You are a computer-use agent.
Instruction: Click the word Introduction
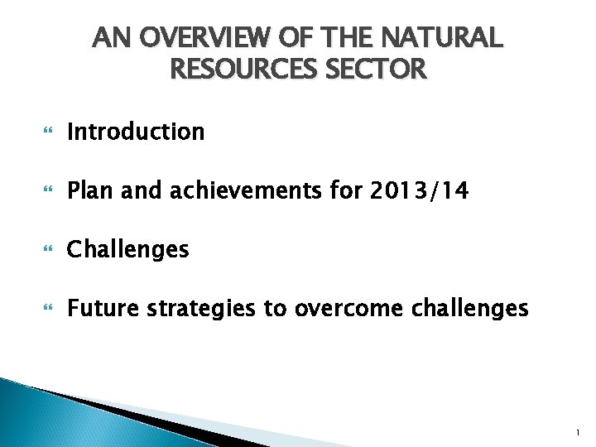point(136,132)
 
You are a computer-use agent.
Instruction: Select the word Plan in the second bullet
point(92,191)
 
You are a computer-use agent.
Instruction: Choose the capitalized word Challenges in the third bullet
point(128,249)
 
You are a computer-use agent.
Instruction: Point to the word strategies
point(202,309)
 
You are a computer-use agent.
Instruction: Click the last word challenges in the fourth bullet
point(471,309)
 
